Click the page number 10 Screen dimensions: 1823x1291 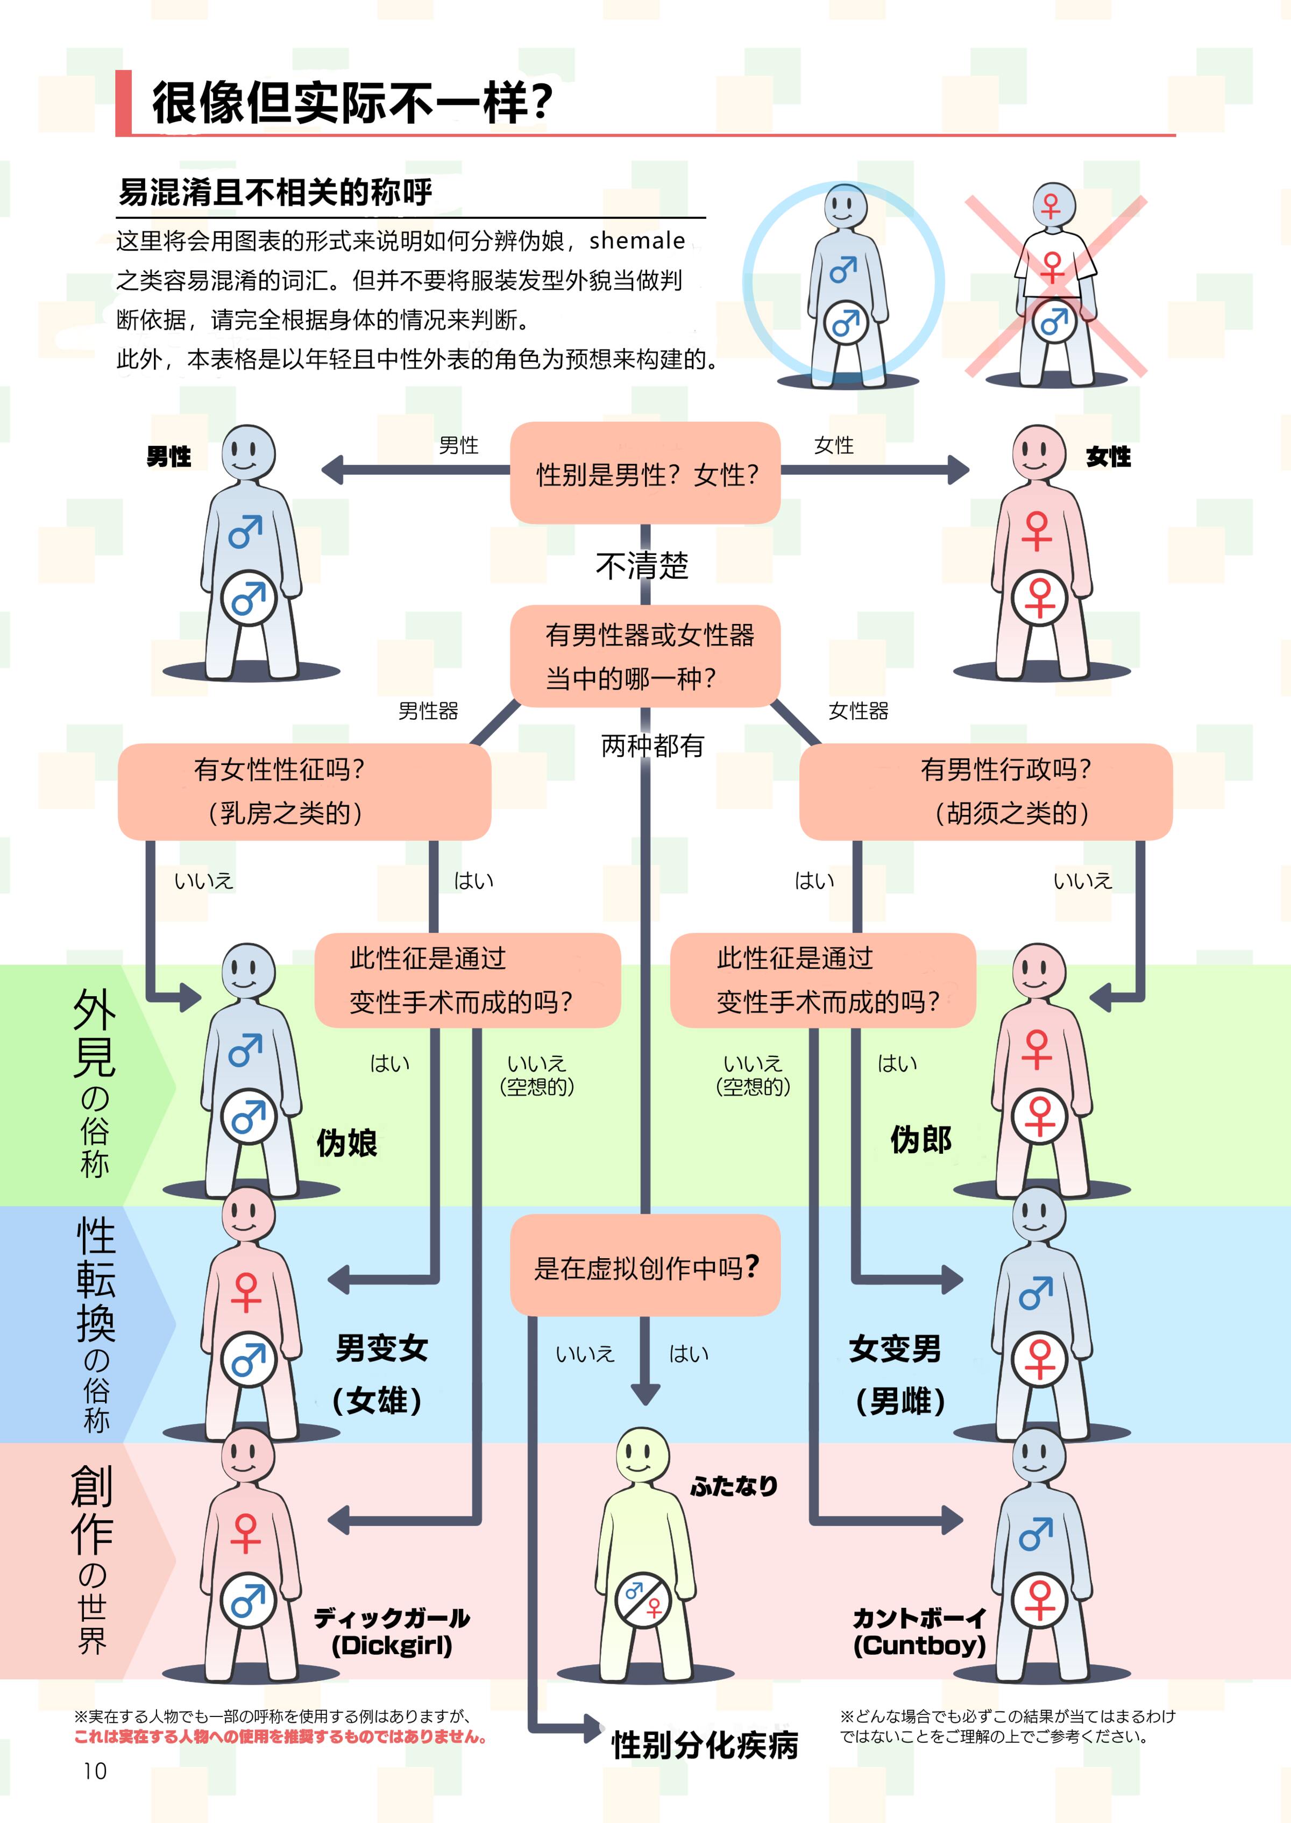(x=95, y=1770)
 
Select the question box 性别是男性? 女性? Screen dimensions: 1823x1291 (x=645, y=474)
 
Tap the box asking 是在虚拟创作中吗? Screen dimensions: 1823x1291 (x=645, y=1266)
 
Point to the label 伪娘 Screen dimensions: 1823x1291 (x=346, y=1143)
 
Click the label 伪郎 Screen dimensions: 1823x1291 (x=920, y=1140)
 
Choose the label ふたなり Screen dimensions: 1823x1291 (x=733, y=1486)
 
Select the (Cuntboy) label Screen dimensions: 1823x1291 (x=919, y=1645)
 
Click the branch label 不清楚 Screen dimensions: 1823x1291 (x=642, y=566)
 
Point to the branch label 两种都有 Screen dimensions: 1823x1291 (x=652, y=746)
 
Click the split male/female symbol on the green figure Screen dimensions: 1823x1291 (x=643, y=1600)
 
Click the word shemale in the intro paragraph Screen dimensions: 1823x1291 (x=637, y=240)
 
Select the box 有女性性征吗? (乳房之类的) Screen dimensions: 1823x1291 (x=304, y=791)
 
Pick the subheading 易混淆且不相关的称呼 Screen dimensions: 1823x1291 (x=275, y=191)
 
